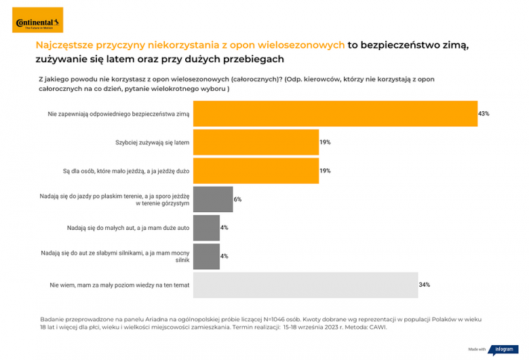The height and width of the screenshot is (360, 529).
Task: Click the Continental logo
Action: tap(37, 20)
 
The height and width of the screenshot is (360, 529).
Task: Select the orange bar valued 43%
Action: tap(335, 114)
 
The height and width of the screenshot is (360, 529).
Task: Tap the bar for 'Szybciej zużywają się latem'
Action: tap(256, 142)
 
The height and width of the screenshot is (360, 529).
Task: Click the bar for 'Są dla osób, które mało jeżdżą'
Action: tap(256, 171)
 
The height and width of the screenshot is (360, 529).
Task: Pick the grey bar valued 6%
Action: tap(213, 199)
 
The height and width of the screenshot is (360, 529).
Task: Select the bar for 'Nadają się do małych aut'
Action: tap(206, 228)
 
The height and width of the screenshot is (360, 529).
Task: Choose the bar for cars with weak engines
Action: tap(206, 256)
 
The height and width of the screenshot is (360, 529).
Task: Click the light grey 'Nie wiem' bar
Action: tap(305, 285)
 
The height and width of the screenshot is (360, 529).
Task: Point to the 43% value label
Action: tap(484, 114)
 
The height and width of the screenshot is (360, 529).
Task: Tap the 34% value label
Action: tap(424, 285)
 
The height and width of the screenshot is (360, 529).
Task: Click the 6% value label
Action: tap(237, 199)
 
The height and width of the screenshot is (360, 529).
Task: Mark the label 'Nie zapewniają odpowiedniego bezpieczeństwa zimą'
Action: tap(119, 114)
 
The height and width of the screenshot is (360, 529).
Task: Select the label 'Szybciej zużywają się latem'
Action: tap(153, 142)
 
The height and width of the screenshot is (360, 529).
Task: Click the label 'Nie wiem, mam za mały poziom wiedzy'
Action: tap(119, 285)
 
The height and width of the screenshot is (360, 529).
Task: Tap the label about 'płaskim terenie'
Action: tap(115, 199)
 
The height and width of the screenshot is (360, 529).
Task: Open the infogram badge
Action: tap(503, 349)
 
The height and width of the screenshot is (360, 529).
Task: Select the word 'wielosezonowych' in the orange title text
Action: tap(303, 45)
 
